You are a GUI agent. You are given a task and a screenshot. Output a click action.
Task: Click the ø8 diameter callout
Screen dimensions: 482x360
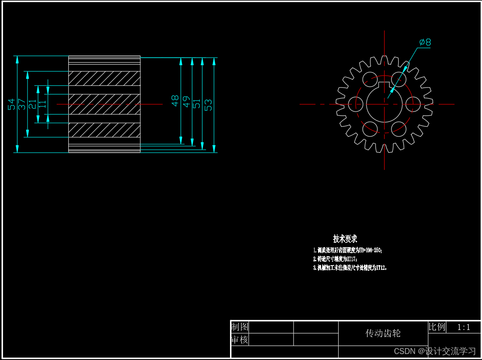(x=425, y=42)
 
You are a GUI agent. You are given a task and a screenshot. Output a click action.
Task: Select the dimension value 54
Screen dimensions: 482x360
(x=12, y=104)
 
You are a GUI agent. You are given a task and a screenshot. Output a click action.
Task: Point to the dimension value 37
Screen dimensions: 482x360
(x=22, y=104)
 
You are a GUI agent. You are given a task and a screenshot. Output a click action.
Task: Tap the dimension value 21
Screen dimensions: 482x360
(x=32, y=104)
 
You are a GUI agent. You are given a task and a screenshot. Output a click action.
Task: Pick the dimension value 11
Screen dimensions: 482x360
(x=42, y=104)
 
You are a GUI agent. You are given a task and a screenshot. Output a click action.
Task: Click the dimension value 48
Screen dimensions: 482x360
(x=175, y=101)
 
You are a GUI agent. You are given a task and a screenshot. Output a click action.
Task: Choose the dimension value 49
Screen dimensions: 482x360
(x=186, y=102)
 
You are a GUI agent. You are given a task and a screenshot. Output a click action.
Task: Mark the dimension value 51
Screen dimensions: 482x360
(x=197, y=103)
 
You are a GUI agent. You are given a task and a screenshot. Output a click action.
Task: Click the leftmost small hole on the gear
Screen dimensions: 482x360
(x=356, y=104)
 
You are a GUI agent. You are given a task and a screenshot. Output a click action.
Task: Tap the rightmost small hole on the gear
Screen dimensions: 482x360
(x=413, y=104)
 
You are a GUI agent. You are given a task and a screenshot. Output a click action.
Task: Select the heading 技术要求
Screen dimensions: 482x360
(x=345, y=239)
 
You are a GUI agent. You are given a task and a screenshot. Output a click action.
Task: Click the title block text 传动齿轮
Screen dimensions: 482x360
(x=383, y=333)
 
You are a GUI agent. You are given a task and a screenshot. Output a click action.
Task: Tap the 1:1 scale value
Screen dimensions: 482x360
(x=464, y=327)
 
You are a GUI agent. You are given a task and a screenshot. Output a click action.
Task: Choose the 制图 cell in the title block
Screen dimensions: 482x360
(x=240, y=327)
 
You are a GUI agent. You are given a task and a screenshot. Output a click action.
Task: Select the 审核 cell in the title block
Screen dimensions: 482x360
(x=240, y=340)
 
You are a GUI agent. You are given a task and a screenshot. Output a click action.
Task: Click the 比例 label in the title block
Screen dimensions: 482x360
(x=437, y=327)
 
